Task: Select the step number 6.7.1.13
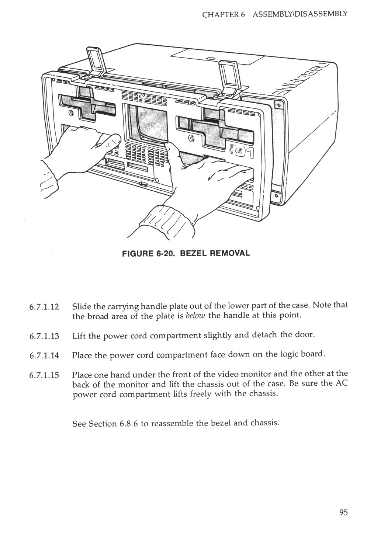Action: [x=44, y=336]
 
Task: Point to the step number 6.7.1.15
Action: [x=44, y=376]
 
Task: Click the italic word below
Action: [x=195, y=316]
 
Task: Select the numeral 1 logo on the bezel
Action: [x=247, y=149]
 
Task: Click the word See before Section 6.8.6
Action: [x=79, y=423]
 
